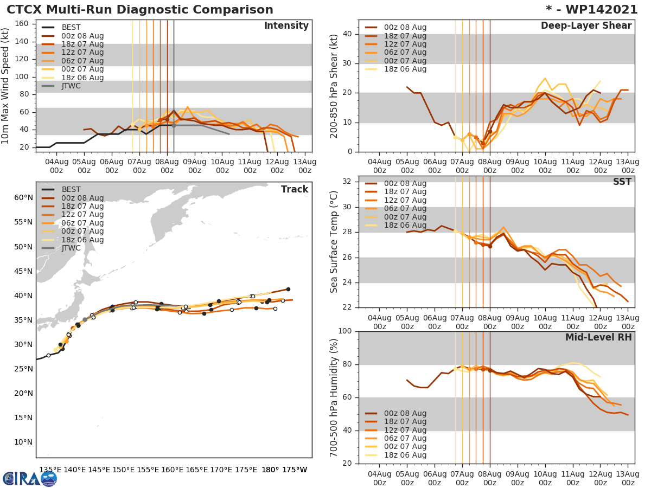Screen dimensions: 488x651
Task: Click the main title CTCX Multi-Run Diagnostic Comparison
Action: pyautogui.click(x=140, y=10)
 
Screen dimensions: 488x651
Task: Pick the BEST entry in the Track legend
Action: pyautogui.click(x=71, y=189)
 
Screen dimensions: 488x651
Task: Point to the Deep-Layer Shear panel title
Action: pyautogui.click(x=586, y=26)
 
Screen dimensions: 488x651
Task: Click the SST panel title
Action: pyautogui.click(x=622, y=182)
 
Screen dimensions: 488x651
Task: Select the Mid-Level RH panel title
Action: pyautogui.click(x=598, y=337)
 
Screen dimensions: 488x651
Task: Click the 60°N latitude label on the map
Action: pyautogui.click(x=23, y=197)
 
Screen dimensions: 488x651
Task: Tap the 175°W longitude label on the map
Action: pyautogui.click(x=295, y=470)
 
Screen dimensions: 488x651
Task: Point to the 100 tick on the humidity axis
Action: pyautogui.click(x=343, y=331)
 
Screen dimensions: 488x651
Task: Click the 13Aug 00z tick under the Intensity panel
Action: pyautogui.click(x=305, y=166)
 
